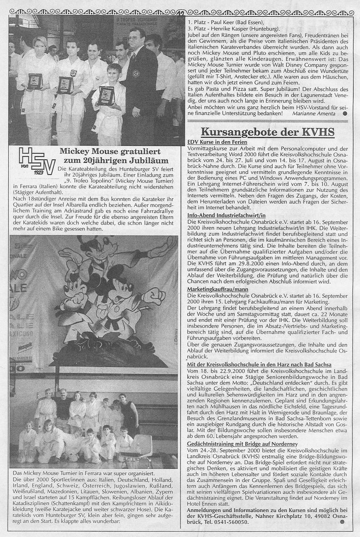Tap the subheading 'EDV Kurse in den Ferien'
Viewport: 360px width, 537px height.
click(x=217, y=143)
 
